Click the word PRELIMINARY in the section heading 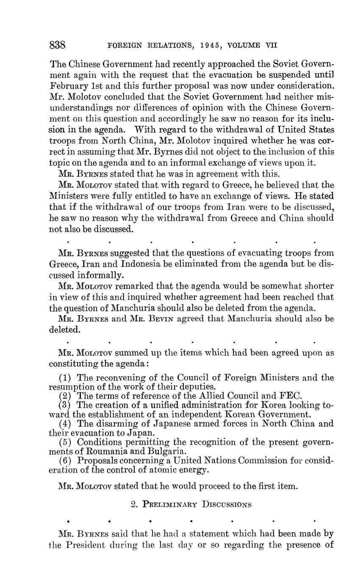[x=170, y=504]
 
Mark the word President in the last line [x=87, y=544]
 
